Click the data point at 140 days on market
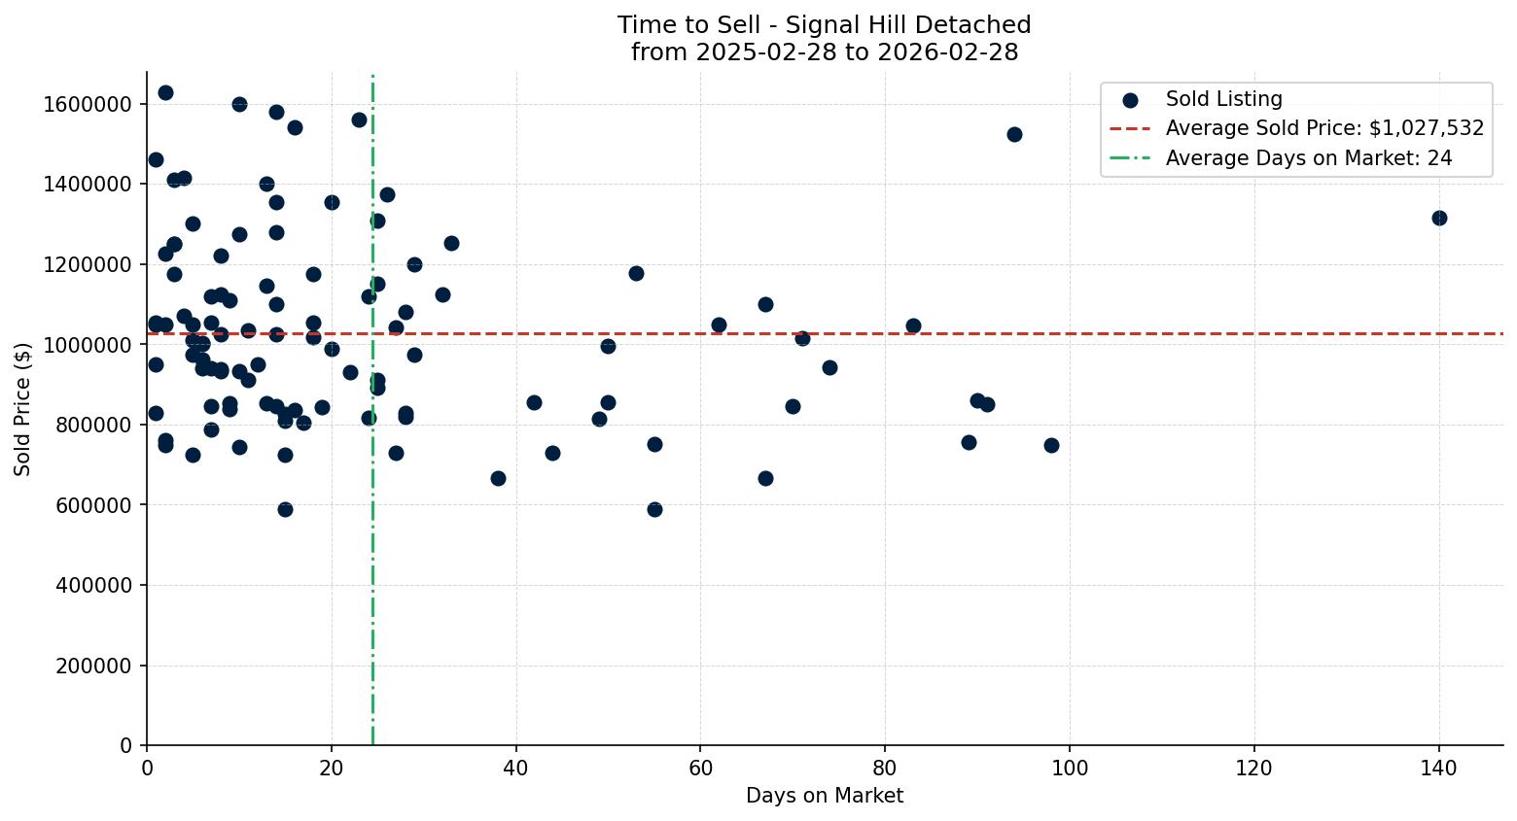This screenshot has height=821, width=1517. coord(1438,218)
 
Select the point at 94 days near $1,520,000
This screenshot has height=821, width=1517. coord(1014,134)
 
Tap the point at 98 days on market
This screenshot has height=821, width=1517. coord(1051,445)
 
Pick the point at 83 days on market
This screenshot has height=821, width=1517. coord(913,325)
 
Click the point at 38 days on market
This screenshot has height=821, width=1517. coord(498,478)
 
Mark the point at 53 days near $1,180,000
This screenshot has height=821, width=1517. coord(636,273)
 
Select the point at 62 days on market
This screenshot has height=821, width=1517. coord(719,325)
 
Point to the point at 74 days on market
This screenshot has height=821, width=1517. coord(829,367)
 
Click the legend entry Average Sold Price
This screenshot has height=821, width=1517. coord(1324,128)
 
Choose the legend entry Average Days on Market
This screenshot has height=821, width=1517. coord(1308,158)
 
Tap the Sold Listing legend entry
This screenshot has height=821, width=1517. coord(1223,99)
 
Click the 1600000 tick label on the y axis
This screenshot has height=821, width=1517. coord(88,104)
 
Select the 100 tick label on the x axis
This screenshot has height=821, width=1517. coord(1070,768)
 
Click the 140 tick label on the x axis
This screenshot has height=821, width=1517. coord(1438,768)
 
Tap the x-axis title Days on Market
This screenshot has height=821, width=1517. coord(824,796)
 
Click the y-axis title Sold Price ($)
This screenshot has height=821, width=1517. coord(22,408)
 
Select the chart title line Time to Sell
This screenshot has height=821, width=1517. coord(824,25)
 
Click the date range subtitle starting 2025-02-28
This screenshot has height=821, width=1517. coord(824,52)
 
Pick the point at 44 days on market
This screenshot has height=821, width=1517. coord(552,453)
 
